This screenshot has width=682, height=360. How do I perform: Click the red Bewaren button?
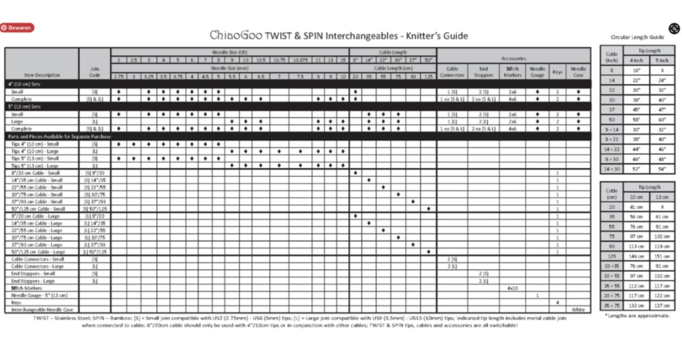point(18,27)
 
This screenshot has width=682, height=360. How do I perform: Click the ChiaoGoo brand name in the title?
point(235,35)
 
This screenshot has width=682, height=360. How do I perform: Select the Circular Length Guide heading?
point(637,37)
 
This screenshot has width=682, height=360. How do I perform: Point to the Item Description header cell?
point(42,75)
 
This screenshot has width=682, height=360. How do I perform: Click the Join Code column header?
point(95,72)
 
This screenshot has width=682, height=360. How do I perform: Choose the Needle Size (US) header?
point(230,51)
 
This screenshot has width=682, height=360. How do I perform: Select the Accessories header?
point(514,59)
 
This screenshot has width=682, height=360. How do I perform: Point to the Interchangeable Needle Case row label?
point(41,309)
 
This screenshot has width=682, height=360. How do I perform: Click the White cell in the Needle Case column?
point(578,309)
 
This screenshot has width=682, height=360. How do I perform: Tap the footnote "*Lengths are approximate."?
point(637,315)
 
